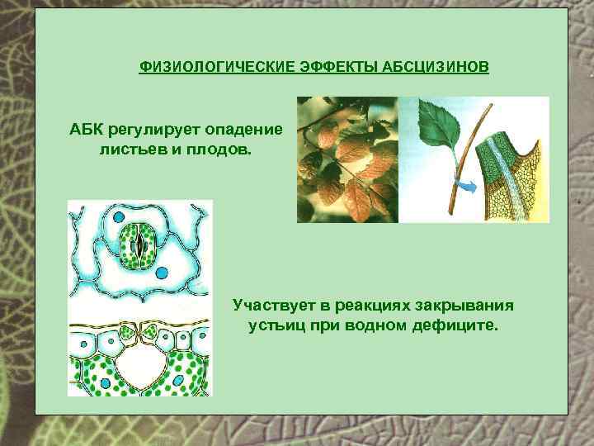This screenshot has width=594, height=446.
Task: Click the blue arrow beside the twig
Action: coord(465,188)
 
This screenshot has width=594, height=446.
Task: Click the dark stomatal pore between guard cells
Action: coord(139,245)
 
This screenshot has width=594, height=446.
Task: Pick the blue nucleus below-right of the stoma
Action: coord(163,273)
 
